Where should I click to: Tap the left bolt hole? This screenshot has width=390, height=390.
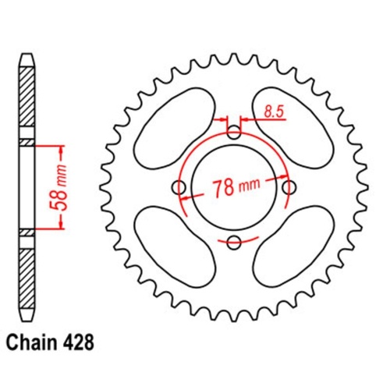pyautogui.click(x=179, y=188)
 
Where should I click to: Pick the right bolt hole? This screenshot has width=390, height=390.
pyautogui.click(x=291, y=188)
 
